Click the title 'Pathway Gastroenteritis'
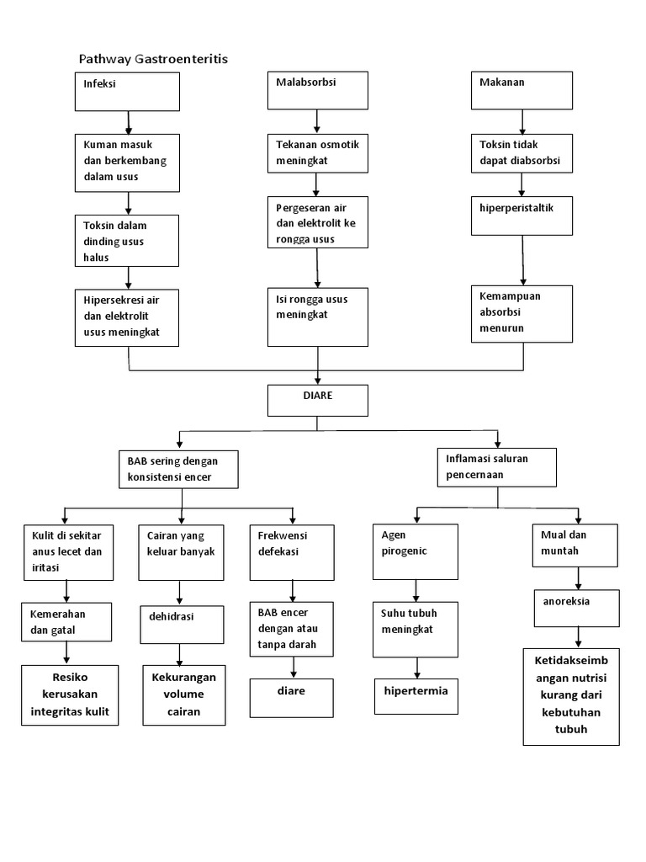point(153,59)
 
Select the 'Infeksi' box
point(127,91)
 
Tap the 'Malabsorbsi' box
point(317,90)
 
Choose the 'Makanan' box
point(522,90)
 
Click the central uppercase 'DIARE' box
point(317,400)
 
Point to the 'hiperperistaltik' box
point(522,215)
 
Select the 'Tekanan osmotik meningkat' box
point(317,153)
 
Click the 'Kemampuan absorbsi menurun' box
point(522,313)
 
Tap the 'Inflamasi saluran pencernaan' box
point(497,466)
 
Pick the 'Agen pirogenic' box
point(416,551)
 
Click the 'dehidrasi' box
point(181,625)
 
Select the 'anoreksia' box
point(577,608)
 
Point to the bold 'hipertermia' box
point(416,695)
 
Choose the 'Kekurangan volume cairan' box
point(183,695)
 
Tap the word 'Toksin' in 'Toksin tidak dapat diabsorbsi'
point(495,145)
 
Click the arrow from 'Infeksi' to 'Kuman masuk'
point(128,122)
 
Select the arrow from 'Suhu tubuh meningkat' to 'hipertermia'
point(416,668)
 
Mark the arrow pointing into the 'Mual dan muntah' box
point(578,515)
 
